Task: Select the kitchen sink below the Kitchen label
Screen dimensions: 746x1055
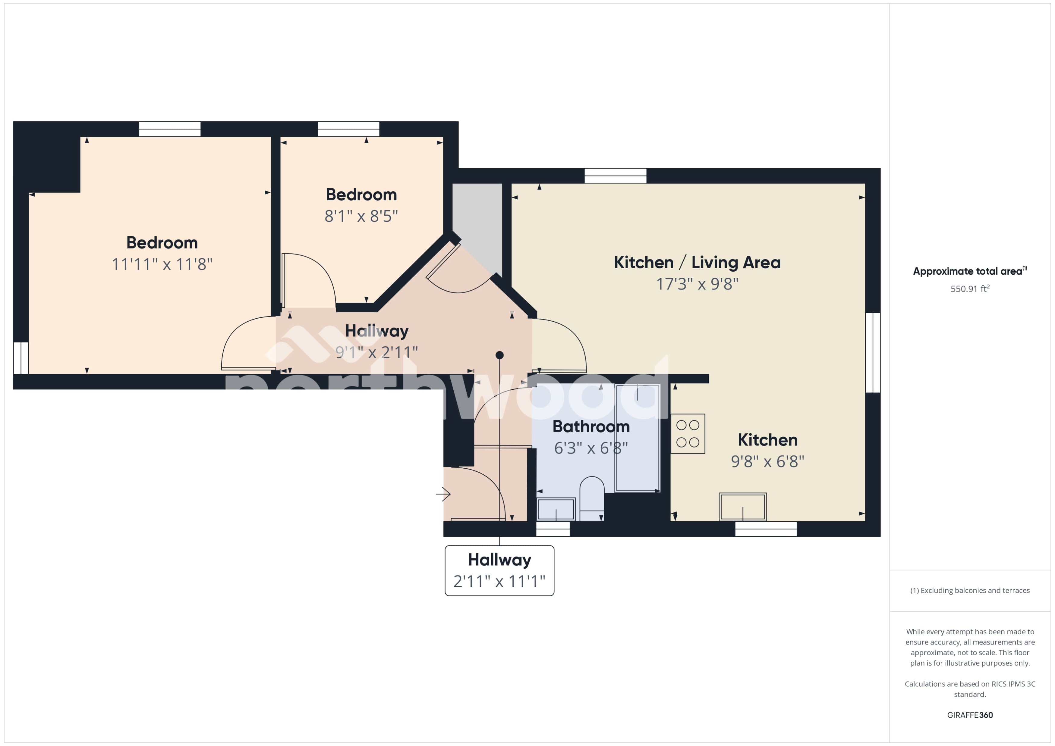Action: tap(742, 507)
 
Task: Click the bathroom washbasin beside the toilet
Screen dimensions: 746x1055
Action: tap(556, 509)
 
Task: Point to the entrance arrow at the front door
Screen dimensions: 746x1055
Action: tap(443, 494)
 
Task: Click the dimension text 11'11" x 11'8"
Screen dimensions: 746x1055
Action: tap(162, 264)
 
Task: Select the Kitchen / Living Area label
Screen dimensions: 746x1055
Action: tap(697, 262)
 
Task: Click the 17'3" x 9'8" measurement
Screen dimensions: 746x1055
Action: tap(697, 284)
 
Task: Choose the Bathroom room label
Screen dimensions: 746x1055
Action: tap(591, 426)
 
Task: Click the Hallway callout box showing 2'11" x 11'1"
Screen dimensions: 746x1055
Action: tap(499, 570)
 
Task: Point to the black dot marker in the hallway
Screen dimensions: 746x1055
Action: tap(499, 355)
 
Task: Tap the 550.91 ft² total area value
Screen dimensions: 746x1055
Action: tap(969, 289)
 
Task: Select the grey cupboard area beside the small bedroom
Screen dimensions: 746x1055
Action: tap(477, 220)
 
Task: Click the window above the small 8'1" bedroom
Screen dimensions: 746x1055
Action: tap(348, 129)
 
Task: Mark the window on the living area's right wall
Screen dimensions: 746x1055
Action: tap(873, 352)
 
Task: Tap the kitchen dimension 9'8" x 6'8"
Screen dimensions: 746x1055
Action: tap(767, 461)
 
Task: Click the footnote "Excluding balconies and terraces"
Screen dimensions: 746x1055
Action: tap(969, 590)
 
